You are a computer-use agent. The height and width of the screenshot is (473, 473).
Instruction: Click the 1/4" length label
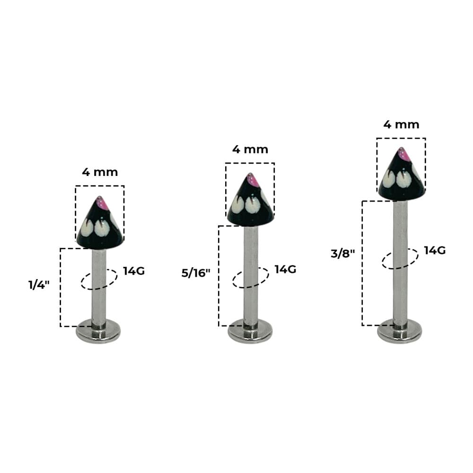click(x=39, y=284)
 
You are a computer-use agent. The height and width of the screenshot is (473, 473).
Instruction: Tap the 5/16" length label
click(x=196, y=273)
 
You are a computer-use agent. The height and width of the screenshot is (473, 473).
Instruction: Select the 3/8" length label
click(x=343, y=254)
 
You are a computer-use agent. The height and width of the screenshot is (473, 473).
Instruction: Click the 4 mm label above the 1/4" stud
click(x=100, y=172)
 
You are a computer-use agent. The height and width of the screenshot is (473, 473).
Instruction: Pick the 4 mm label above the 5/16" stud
click(x=250, y=149)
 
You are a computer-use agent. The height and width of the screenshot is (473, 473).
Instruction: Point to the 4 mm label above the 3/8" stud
click(x=401, y=124)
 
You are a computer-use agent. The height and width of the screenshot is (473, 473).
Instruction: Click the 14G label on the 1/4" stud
click(x=134, y=271)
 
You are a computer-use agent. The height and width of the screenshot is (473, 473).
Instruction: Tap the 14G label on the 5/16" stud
click(x=285, y=269)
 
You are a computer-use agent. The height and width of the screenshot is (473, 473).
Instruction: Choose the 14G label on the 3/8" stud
click(x=435, y=250)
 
